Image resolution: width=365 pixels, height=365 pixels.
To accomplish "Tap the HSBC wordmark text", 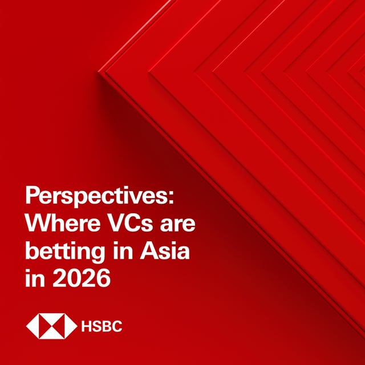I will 102,327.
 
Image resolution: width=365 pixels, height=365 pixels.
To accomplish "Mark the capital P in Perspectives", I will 33,198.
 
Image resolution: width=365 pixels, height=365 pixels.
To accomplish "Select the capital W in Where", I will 37,225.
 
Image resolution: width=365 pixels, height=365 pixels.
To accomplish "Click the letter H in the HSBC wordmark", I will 87,327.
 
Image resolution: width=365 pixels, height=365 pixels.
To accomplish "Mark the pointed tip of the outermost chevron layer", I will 100,71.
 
